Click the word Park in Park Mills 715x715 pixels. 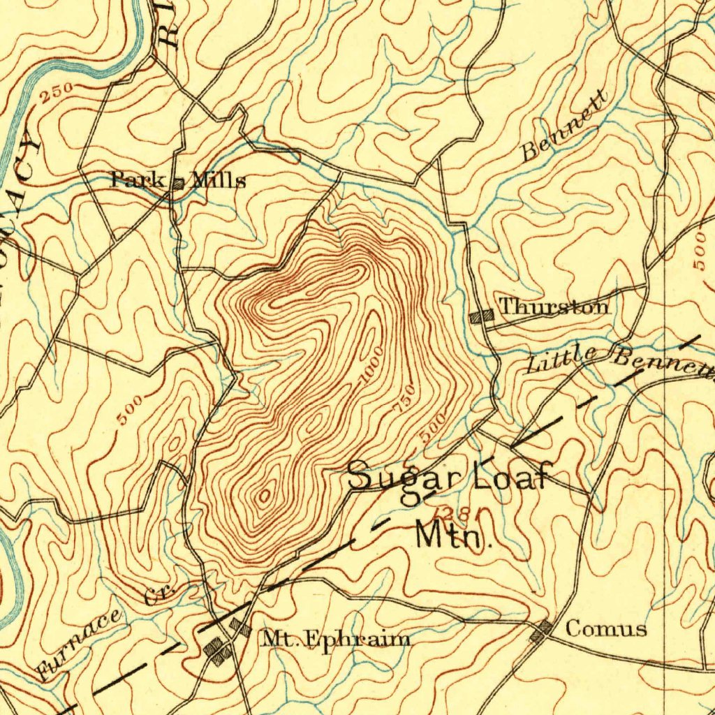138,180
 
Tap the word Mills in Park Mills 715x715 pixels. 219,182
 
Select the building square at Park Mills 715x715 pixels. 178,184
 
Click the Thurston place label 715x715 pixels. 553,307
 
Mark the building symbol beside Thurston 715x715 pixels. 482,316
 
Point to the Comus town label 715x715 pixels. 605,629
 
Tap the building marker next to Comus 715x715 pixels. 541,632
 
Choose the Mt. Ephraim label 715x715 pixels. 335,639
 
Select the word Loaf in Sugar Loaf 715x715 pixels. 513,478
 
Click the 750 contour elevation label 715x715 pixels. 406,398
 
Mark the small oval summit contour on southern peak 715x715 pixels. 265,496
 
